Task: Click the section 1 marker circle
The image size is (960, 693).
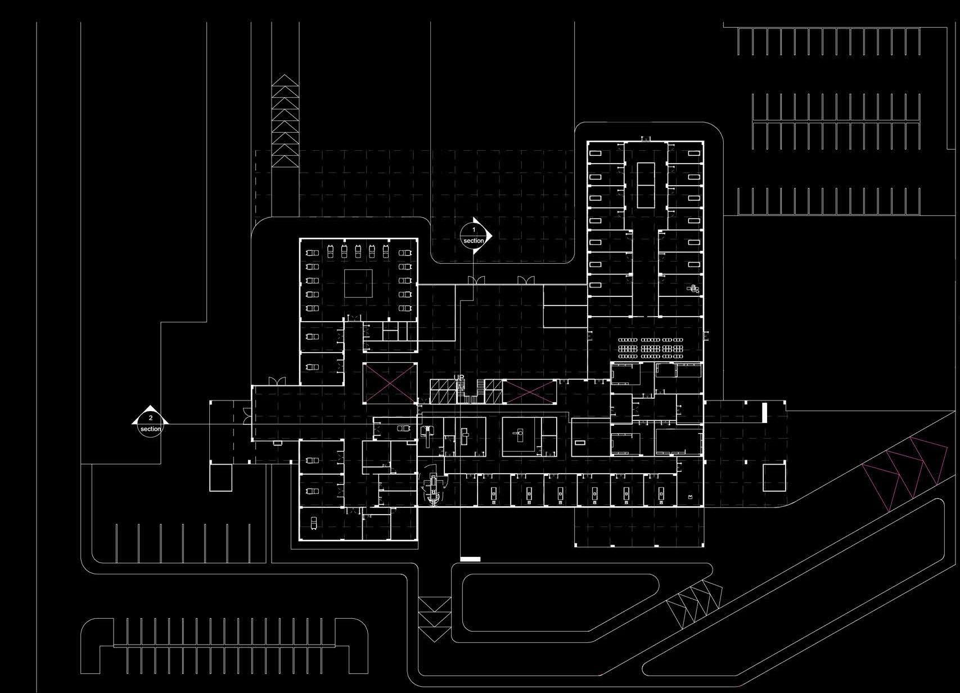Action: click(474, 235)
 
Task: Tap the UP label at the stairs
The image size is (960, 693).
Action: click(459, 378)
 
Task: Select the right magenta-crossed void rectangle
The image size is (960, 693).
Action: click(529, 392)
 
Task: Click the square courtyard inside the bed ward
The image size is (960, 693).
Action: click(358, 283)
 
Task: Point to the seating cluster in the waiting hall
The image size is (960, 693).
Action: click(651, 348)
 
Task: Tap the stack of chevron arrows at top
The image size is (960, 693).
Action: click(285, 120)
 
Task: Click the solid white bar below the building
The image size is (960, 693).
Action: click(470, 559)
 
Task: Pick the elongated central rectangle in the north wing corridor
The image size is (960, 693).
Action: click(646, 184)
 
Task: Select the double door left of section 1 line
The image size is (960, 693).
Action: click(476, 280)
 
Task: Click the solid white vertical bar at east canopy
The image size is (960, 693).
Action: click(765, 412)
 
